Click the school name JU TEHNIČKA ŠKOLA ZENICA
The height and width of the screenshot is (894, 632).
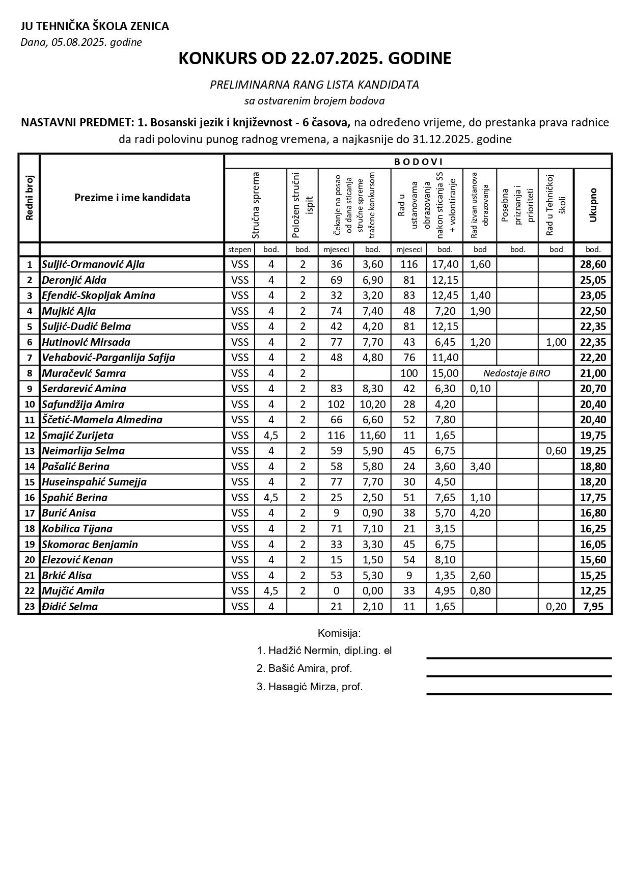point(95,26)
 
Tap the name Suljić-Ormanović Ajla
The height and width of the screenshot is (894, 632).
point(93,264)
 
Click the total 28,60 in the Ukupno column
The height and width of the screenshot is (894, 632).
point(593,264)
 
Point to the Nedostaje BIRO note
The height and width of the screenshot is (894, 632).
point(516,373)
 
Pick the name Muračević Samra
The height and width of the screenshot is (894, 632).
point(84,373)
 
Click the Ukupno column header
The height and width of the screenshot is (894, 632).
point(593,205)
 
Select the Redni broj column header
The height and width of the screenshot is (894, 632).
point(29,198)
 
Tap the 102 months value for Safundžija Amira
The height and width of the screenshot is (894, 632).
point(336,404)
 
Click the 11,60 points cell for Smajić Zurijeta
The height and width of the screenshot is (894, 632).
point(373,435)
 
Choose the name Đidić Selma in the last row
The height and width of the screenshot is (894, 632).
point(70,606)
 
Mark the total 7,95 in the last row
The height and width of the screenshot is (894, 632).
point(593,606)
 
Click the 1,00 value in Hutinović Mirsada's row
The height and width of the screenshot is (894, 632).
point(556,342)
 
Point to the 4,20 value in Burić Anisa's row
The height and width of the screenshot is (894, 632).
point(480,513)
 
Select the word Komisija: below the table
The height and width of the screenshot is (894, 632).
point(339,633)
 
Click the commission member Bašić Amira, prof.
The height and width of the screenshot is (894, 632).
point(305,668)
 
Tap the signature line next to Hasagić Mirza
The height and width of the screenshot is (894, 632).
point(518,693)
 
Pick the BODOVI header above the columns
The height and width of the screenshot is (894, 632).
point(418,162)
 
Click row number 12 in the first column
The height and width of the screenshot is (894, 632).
point(30,435)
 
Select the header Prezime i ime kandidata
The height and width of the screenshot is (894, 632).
point(132,198)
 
